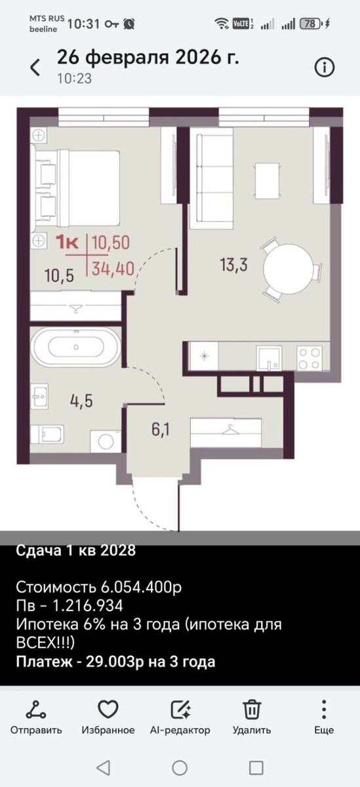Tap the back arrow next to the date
coord(35,67)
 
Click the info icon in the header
coord(324,67)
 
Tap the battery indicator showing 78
coord(311,24)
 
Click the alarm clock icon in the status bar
coord(129,24)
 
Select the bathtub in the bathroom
coord(76,347)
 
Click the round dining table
coord(288,268)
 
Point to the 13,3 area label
coord(233,264)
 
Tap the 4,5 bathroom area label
coord(81,401)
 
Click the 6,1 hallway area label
coord(161,429)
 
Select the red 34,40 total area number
coord(113,269)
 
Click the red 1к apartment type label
coord(67,243)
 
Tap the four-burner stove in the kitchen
coord(310,358)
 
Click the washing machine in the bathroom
coord(106,441)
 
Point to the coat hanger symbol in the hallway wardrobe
coord(230,429)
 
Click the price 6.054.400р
coord(141,587)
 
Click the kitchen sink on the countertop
coord(269,358)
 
